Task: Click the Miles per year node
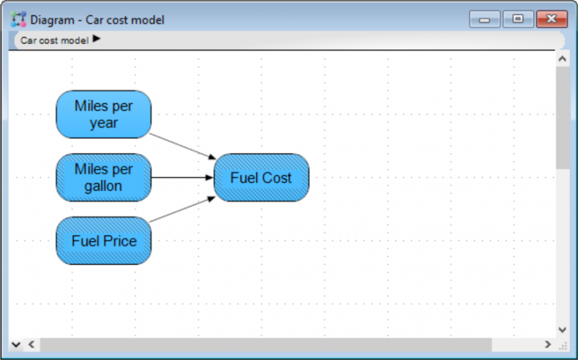[103, 114]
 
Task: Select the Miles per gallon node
[103, 177]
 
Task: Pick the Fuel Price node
[103, 241]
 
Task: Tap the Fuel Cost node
[262, 177]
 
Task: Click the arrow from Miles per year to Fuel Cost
[183, 147]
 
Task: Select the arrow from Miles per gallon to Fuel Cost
[183, 177]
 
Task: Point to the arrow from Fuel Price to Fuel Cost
[183, 209]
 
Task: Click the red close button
[552, 19]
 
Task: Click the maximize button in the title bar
[518, 19]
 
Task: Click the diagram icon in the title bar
[18, 20]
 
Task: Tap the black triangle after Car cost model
[97, 38]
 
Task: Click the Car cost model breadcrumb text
[55, 40]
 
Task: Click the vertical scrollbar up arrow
[562, 59]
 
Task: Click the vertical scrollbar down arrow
[562, 330]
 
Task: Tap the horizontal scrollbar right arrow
[548, 344]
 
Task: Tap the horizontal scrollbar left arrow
[31, 344]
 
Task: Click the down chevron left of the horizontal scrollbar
[15, 345]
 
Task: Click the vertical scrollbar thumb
[563, 118]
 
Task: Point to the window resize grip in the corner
[563, 346]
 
